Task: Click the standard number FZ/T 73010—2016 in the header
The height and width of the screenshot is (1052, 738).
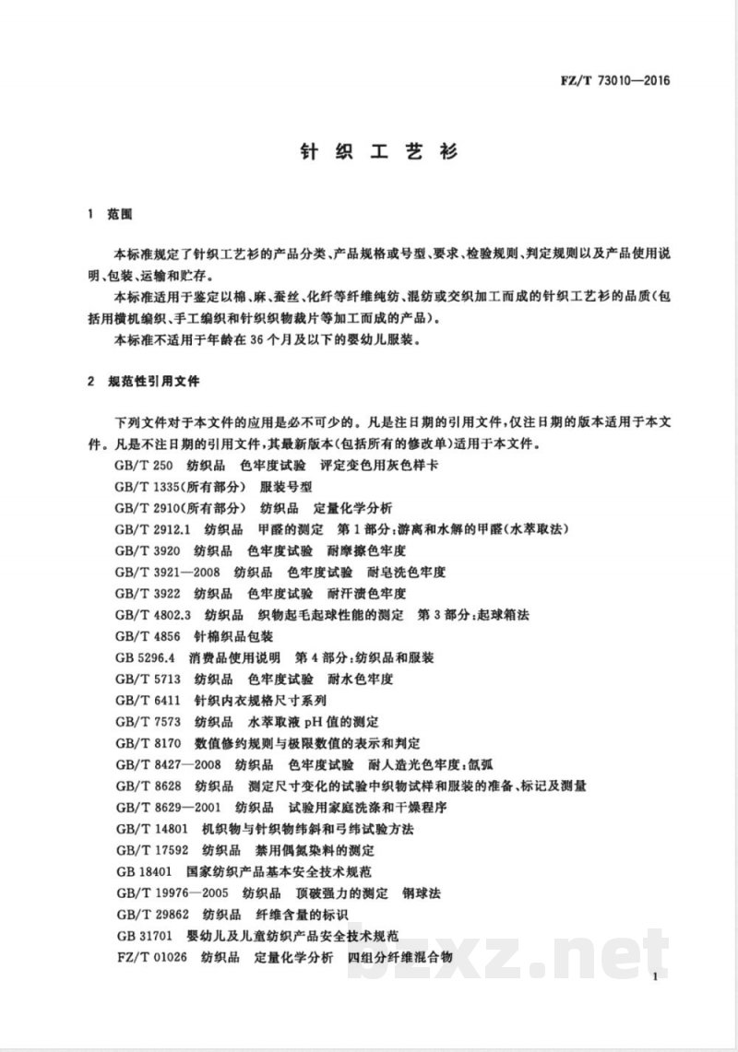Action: click(619, 79)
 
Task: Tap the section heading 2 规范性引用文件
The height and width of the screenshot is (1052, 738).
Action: click(147, 380)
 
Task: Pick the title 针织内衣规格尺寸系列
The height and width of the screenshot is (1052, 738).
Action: click(254, 700)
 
